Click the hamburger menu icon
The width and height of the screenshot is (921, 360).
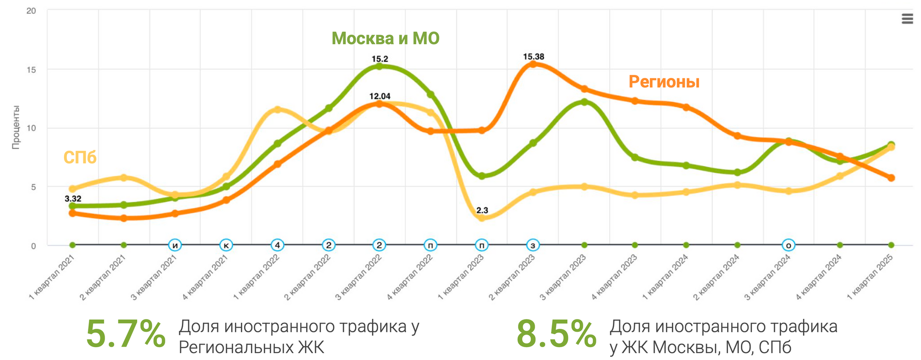click(907, 19)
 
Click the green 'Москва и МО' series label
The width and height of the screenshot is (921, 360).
click(385, 38)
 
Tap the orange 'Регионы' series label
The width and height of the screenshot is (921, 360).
click(664, 82)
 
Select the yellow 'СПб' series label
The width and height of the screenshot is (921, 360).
click(80, 158)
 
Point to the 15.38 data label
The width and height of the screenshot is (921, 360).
click(533, 57)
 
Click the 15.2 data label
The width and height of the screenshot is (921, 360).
click(380, 59)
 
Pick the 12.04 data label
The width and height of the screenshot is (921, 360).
click(380, 96)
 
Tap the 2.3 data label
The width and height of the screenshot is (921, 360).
click(482, 210)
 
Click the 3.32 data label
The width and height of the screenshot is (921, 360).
click(73, 198)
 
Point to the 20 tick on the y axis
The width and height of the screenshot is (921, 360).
click(31, 11)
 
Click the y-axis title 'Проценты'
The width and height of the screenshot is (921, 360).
click(16, 127)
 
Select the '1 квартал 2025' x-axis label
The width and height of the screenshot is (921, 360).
click(870, 277)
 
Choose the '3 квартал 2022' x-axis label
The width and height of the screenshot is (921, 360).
click(359, 277)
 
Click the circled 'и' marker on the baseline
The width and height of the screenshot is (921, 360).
click(175, 245)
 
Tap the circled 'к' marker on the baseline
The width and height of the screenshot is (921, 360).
click(226, 245)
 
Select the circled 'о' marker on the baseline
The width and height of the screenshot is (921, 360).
click(788, 245)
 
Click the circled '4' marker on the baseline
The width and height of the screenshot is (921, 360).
click(277, 245)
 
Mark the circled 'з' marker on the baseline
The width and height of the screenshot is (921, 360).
click(533, 245)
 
